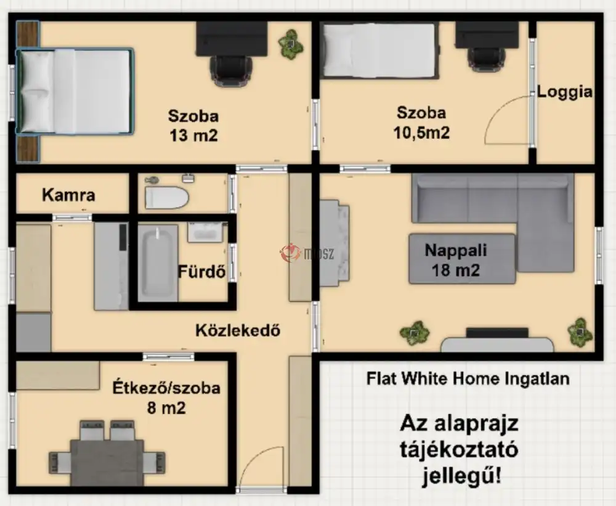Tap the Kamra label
(x=68, y=195)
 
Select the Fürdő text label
(x=202, y=271)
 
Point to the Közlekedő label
(x=238, y=330)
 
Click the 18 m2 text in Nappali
(x=456, y=270)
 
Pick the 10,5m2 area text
(x=421, y=133)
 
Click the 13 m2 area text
(x=193, y=136)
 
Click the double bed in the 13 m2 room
(x=75, y=91)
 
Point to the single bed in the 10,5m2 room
(x=379, y=50)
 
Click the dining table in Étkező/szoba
(x=107, y=463)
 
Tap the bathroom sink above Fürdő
(x=205, y=232)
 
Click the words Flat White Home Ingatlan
(x=468, y=378)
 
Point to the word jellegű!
(x=461, y=476)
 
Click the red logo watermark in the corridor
(x=290, y=253)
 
